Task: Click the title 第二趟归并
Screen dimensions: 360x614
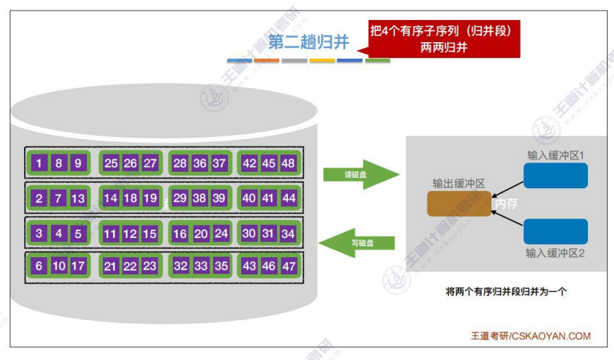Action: coord(309,43)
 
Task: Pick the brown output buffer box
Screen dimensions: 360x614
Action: coord(459,203)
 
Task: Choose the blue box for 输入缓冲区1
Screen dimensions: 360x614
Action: coord(555,175)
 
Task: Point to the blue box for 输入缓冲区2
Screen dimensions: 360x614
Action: coord(555,232)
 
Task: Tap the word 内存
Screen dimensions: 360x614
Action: coord(506,204)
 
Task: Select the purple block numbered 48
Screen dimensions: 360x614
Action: coord(288,163)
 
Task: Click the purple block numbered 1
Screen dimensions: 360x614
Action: coord(39,163)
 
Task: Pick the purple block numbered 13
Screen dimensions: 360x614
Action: coord(78,199)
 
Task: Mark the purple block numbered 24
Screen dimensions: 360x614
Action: coord(221,234)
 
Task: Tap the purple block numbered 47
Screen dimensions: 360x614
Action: coord(288,266)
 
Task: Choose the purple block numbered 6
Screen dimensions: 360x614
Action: coord(39,266)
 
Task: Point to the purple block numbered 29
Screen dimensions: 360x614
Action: coord(180,199)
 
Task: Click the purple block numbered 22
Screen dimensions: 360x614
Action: coord(130,266)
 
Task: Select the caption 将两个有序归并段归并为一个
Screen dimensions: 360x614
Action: coord(506,292)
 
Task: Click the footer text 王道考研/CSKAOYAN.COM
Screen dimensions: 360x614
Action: coord(531,337)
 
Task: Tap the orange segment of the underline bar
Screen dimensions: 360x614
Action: coord(266,61)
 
